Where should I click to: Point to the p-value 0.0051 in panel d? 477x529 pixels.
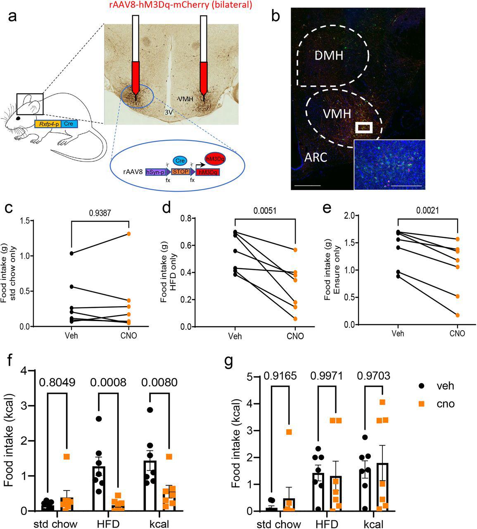pyautogui.click(x=265, y=210)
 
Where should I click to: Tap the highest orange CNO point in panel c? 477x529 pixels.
pyautogui.click(x=129, y=234)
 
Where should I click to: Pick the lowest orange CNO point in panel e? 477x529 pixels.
pyautogui.click(x=458, y=315)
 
